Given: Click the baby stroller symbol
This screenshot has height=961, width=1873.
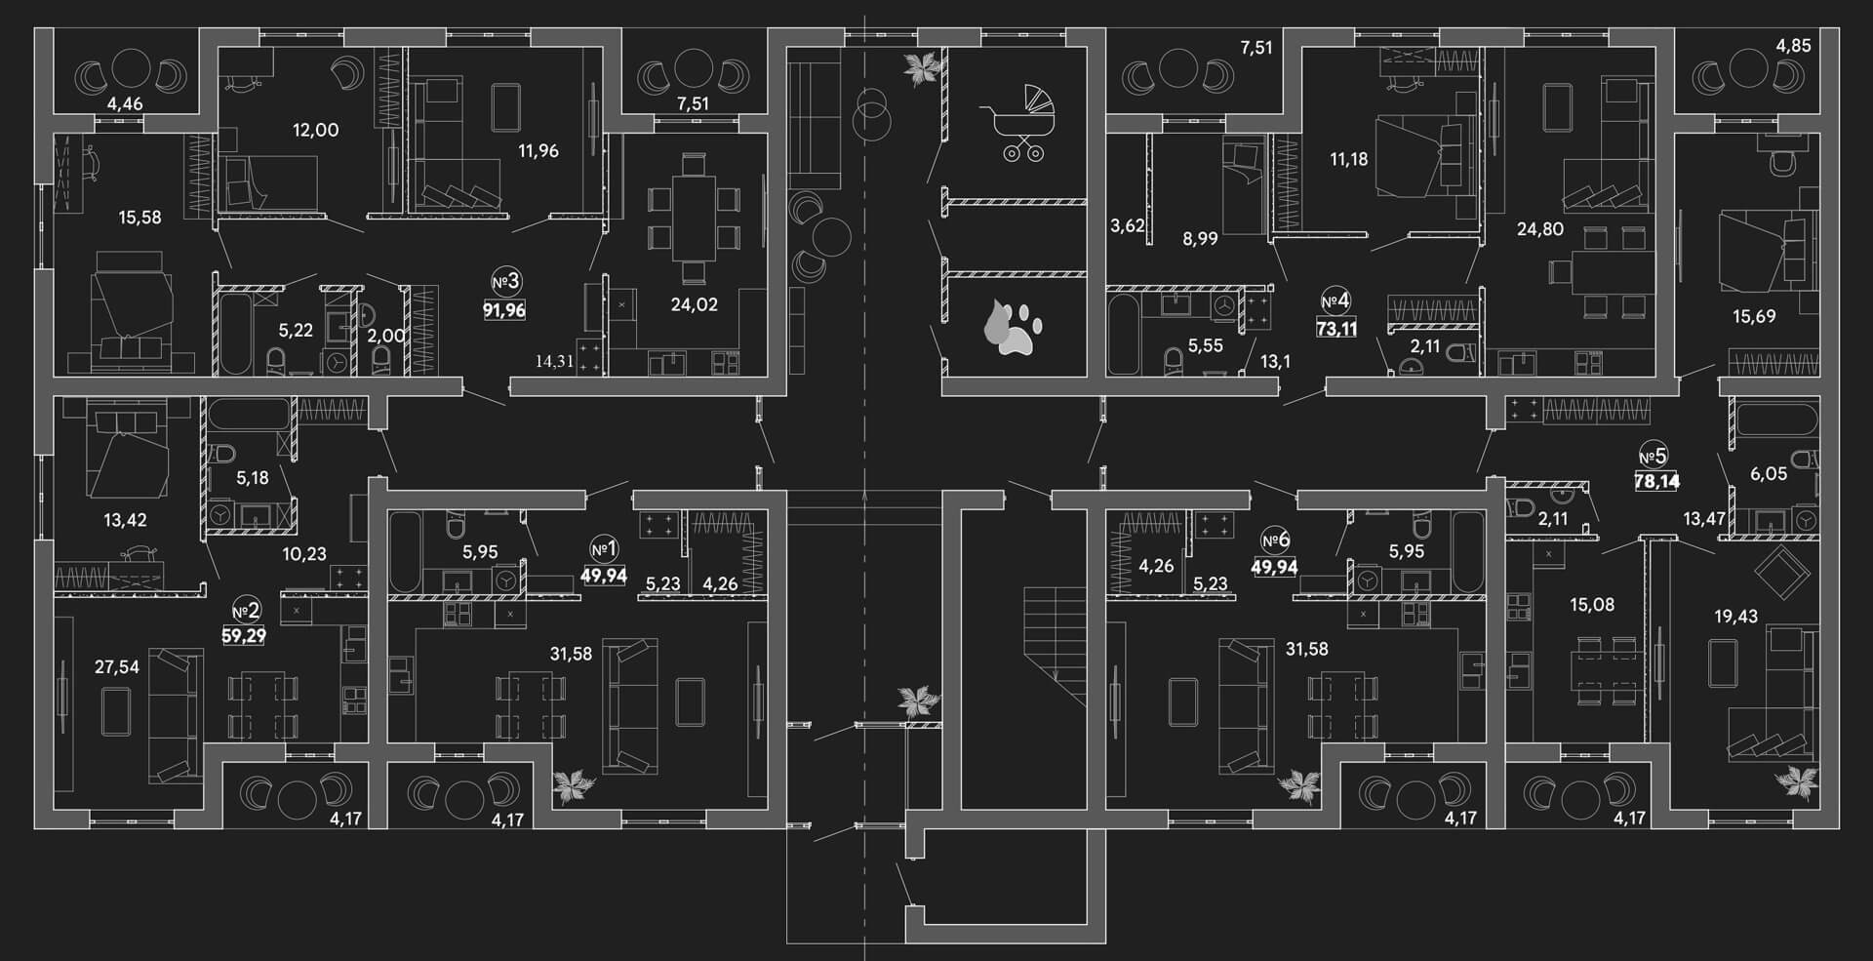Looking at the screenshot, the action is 1017,122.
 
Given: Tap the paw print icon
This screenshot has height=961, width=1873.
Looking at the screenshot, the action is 1014,327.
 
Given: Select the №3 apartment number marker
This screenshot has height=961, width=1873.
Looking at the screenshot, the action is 506,283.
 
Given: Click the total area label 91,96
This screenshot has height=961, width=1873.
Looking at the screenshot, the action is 504,311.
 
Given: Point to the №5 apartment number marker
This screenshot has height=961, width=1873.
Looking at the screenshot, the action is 1653,456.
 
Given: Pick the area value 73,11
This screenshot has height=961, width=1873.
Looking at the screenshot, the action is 1336,329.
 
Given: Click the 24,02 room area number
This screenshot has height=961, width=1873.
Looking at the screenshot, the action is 694,304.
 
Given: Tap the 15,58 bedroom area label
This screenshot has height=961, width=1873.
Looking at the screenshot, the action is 139,217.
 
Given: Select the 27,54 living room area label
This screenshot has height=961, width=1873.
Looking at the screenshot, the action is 116,667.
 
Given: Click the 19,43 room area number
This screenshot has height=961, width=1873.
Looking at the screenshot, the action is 1735,616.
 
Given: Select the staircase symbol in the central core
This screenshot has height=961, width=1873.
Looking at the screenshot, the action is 1055,647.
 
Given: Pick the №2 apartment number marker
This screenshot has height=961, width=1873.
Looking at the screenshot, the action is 246,611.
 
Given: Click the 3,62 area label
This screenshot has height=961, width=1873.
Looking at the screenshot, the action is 1127,225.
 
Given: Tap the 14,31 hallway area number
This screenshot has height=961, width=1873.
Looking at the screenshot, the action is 553,361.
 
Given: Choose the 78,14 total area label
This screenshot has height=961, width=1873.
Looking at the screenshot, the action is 1657,481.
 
